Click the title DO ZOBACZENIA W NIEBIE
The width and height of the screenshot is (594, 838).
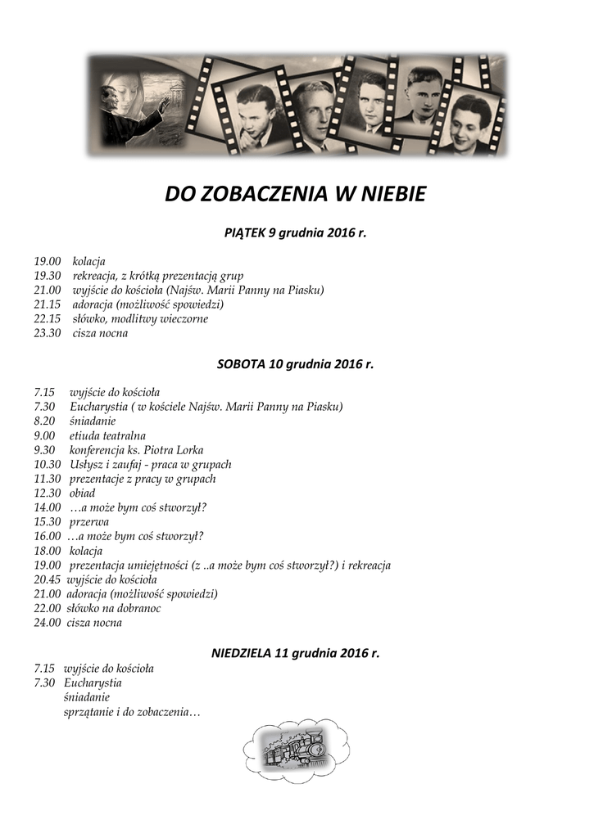pos(296,195)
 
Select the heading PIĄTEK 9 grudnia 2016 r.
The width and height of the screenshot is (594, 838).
pos(296,233)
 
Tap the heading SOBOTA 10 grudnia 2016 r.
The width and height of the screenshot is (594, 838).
pos(295,363)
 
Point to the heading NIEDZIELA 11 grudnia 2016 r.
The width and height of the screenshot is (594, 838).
pos(296,653)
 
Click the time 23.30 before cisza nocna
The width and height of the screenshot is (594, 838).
pos(48,334)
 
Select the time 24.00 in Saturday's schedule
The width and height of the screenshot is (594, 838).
pos(48,623)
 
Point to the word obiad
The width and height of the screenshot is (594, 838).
pos(82,493)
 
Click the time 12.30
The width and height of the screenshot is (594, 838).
pos(48,493)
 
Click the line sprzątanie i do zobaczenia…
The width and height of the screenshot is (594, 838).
pos(131,712)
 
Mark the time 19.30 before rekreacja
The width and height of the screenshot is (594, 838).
pos(48,276)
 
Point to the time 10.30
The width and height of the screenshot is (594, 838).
pos(48,464)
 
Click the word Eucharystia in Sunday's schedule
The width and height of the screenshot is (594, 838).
pos(92,683)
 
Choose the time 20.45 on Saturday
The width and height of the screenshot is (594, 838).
pos(48,579)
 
